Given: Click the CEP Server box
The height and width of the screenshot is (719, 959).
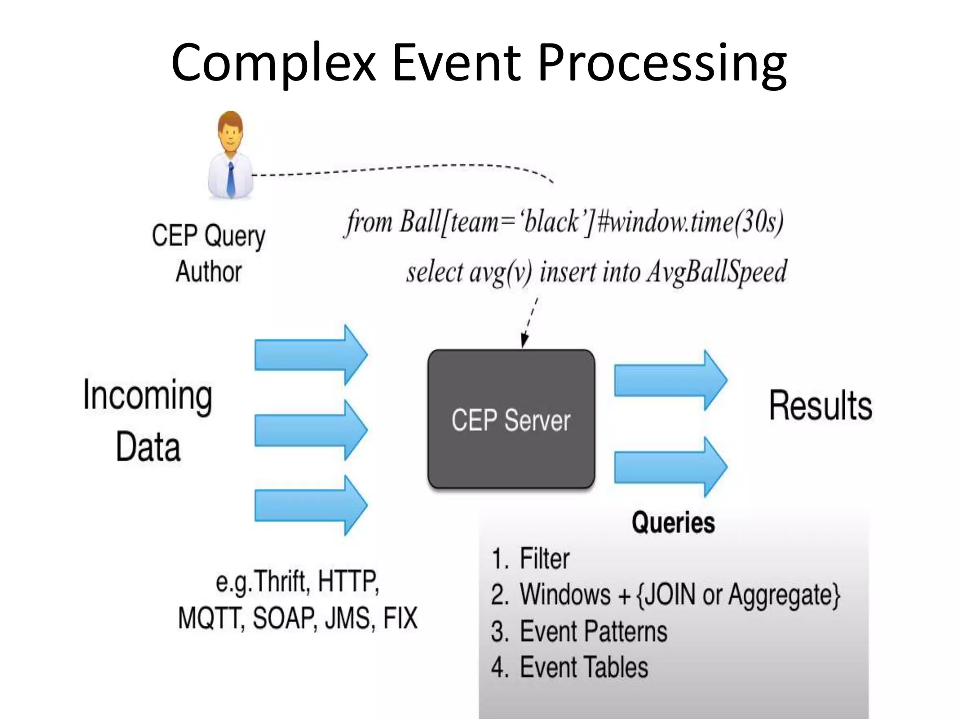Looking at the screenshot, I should [x=511, y=419].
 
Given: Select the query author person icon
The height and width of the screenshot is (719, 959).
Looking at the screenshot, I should [x=230, y=154].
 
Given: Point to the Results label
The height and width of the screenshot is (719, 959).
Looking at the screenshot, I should [x=820, y=405].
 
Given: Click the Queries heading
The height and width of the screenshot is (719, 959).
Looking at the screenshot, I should [x=673, y=522].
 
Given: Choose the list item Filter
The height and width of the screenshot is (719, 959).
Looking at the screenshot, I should [x=545, y=558].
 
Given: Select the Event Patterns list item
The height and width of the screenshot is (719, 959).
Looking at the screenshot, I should [x=593, y=631].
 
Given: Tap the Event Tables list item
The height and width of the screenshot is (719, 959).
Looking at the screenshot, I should [x=584, y=667].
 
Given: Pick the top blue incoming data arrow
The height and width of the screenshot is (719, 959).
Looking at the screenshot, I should [x=310, y=355].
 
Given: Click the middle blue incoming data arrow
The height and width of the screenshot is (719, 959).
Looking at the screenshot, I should [x=310, y=430].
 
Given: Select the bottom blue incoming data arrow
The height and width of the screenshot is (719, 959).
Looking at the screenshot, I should [x=310, y=505].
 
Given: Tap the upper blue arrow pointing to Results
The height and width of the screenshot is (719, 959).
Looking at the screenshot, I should [x=670, y=381].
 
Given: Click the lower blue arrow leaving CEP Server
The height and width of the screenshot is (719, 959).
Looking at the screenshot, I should [x=670, y=467].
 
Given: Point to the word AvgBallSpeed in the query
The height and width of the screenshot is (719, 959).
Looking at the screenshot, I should [x=716, y=272].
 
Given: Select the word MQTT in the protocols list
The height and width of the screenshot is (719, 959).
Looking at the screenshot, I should [x=211, y=618].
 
